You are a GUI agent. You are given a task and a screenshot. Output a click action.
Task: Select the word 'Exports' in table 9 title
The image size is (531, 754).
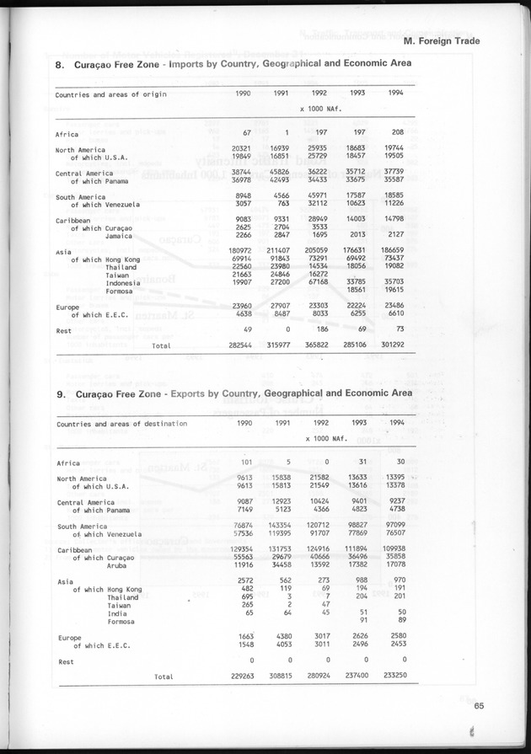[191, 393]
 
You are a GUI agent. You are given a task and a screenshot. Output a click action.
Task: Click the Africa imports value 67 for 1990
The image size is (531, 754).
[248, 133]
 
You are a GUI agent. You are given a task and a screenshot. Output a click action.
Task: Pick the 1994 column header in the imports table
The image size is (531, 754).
[393, 94]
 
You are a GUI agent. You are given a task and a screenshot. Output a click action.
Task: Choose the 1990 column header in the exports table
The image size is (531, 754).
[244, 423]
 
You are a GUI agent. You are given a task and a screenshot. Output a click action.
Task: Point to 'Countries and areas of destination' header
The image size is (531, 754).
[121, 424]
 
